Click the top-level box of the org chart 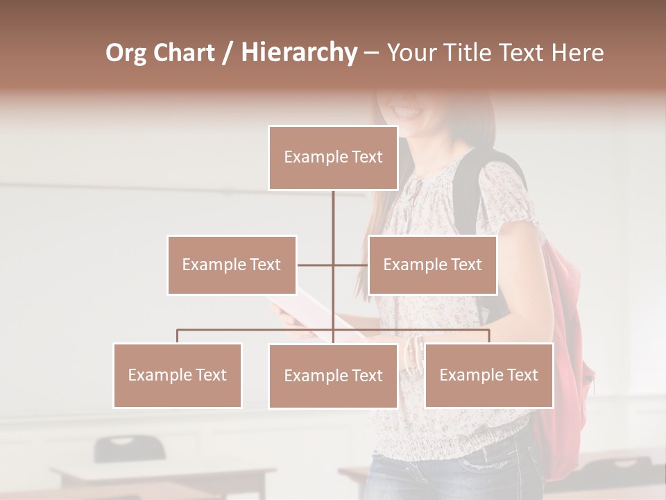tap(333, 158)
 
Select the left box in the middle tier tap(232, 265)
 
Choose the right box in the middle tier tap(432, 265)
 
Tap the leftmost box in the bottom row tap(178, 375)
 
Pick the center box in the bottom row tap(333, 376)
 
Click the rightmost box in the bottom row tap(488, 375)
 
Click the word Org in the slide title tap(126, 53)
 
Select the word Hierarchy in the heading tap(298, 53)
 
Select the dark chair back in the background tap(130, 448)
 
